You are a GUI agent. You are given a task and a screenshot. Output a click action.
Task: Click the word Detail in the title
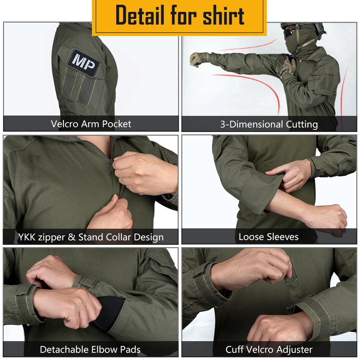click(139, 16)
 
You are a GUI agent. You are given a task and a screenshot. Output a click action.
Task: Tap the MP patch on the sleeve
click(84, 61)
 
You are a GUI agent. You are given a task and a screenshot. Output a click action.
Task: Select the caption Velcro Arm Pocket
click(91, 124)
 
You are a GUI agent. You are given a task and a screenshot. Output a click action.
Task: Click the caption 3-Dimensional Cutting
click(269, 124)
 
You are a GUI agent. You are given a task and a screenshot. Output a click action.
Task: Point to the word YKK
click(27, 237)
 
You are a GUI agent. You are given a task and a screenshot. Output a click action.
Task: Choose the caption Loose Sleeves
click(269, 237)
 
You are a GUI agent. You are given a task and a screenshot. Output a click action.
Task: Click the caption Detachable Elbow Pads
click(90, 350)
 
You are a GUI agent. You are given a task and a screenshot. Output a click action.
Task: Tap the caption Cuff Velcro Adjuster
click(269, 350)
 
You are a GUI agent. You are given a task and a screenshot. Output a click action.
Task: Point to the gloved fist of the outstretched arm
click(196, 59)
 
